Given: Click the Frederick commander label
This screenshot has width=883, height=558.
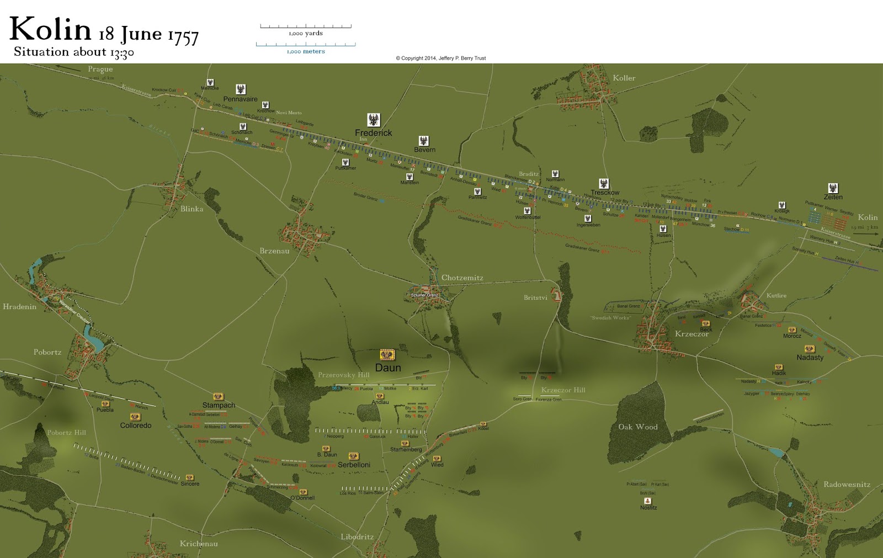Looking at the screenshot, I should (x=373, y=133).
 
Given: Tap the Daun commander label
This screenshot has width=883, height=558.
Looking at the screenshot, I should (x=388, y=368).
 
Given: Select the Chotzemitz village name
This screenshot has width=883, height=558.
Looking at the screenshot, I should (x=462, y=278).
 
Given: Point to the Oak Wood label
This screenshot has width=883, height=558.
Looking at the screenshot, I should (x=637, y=427).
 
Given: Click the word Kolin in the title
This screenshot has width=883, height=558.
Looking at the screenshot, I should (x=50, y=29).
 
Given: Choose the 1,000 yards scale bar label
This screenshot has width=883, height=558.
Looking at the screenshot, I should (x=306, y=34).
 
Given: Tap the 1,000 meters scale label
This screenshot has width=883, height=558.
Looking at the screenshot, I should (x=306, y=52).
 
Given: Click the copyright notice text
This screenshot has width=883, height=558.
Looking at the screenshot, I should (x=440, y=58).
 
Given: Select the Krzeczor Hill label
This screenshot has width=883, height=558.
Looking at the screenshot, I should (x=563, y=390).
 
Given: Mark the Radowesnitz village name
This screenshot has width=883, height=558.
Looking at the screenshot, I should (x=847, y=485).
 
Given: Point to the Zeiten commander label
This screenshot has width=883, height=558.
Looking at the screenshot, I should (x=833, y=197).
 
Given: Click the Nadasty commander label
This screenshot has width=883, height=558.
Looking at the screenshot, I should (x=810, y=358).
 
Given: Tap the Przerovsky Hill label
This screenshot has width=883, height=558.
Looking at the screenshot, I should (x=343, y=375).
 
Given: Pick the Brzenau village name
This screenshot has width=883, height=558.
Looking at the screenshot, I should (x=274, y=251).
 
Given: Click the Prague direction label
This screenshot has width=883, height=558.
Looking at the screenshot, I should (x=100, y=69).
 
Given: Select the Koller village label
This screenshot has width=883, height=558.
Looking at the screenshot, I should (x=624, y=78).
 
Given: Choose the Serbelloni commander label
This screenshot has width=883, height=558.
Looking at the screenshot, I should (x=354, y=465).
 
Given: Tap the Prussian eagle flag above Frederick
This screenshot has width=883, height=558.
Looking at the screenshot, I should (x=374, y=120).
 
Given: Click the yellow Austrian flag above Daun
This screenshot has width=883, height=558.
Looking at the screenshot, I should (x=387, y=355).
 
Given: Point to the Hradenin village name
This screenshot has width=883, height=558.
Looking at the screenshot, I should (x=19, y=307).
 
